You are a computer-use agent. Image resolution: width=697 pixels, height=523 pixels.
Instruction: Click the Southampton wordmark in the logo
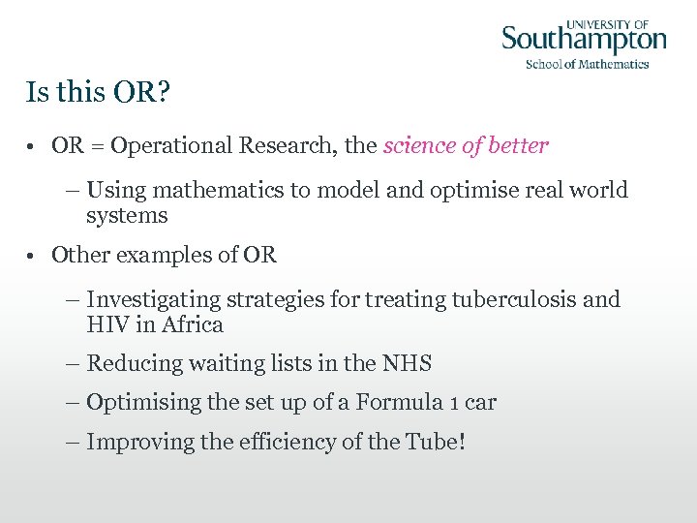(x=584, y=41)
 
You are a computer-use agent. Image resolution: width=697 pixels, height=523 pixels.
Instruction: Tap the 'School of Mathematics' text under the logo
(x=587, y=65)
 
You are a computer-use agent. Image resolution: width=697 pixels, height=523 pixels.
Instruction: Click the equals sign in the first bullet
(x=97, y=146)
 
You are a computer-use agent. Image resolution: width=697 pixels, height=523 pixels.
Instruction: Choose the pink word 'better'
(x=518, y=146)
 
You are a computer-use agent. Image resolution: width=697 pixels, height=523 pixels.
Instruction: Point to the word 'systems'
(x=127, y=216)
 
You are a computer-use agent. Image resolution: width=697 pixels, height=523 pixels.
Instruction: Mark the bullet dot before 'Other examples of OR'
(x=32, y=257)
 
